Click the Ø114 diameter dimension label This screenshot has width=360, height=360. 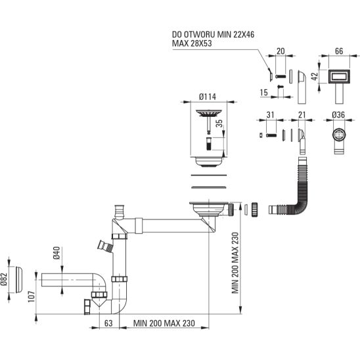(208, 97)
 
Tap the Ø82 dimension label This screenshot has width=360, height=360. (5, 279)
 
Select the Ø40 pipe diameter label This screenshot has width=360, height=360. (56, 253)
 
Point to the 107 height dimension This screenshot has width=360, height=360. (32, 297)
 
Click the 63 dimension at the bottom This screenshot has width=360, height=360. (108, 323)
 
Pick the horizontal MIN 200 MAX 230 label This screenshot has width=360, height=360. (164, 323)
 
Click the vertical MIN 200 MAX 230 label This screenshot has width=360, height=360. (235, 263)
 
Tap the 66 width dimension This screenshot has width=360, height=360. (339, 51)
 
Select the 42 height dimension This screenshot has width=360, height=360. (315, 76)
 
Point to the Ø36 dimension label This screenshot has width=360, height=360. (338, 114)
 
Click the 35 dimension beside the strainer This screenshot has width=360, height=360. (219, 124)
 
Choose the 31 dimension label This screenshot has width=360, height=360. (271, 114)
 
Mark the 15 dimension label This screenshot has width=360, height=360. (264, 93)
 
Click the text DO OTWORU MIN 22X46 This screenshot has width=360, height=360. (214, 35)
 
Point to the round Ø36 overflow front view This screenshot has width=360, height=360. (338, 135)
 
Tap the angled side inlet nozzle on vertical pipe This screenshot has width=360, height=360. (105, 247)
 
